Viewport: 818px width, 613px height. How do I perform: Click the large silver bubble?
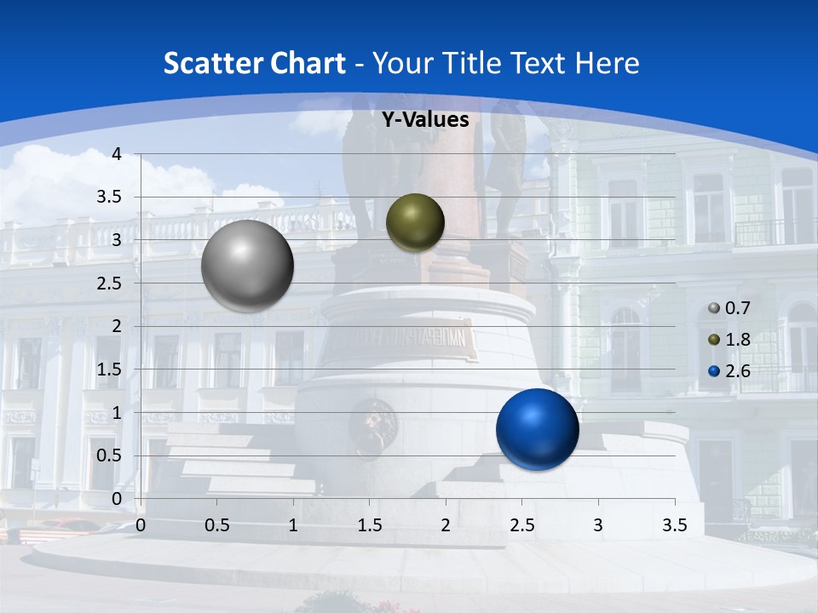click(247, 266)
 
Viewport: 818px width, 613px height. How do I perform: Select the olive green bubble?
click(415, 222)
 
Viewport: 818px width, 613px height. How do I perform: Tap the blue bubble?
click(537, 430)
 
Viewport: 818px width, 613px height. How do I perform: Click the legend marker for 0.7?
click(714, 308)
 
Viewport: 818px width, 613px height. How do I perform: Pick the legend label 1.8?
click(737, 340)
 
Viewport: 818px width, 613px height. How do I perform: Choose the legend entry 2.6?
click(737, 371)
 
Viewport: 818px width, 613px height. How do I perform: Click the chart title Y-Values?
click(424, 120)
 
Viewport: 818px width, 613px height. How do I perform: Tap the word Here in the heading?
click(606, 63)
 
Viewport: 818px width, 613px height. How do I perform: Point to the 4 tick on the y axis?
click(117, 154)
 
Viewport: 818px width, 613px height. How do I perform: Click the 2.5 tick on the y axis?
click(109, 284)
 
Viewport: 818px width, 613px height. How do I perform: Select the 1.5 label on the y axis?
click(109, 370)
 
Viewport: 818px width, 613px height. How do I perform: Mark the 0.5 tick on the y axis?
click(109, 455)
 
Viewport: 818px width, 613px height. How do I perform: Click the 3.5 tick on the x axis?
click(674, 524)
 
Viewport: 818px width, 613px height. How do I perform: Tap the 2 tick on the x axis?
click(445, 524)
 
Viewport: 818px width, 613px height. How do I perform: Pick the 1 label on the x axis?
click(293, 524)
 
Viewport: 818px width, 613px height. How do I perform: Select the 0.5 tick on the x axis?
click(216, 524)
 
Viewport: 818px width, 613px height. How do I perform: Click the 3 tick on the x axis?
click(597, 524)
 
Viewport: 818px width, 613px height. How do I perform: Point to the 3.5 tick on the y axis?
click(109, 197)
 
